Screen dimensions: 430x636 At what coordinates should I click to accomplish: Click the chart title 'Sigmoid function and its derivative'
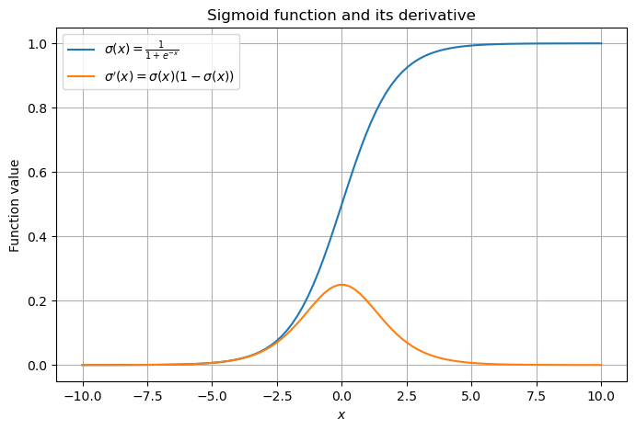point(341,15)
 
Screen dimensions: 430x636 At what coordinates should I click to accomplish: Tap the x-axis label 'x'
point(341,415)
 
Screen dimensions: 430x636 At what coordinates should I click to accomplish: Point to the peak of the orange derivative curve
point(341,285)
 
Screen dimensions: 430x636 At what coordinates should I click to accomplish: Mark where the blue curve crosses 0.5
point(341,204)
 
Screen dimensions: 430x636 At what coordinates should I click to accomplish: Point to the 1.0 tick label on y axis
point(39,43)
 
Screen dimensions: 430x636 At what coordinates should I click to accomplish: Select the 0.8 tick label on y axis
point(39,107)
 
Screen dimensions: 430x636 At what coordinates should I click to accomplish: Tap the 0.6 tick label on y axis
point(39,172)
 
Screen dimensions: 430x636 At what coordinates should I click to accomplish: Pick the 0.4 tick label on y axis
point(39,236)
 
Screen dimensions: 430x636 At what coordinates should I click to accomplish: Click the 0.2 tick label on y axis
point(39,300)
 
